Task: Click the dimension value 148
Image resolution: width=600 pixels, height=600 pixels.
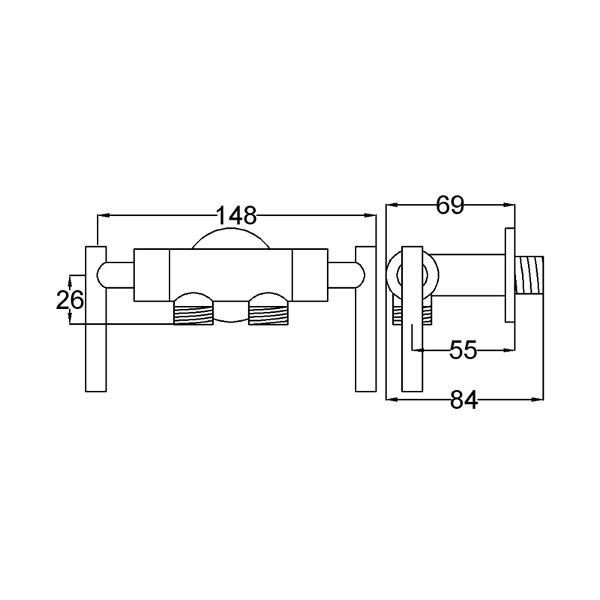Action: pos(236,215)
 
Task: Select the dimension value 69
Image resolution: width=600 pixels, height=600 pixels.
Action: pos(450,205)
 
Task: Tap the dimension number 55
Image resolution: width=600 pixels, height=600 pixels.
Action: pos(463,349)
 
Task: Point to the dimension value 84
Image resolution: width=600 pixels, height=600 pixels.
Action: pos(463,400)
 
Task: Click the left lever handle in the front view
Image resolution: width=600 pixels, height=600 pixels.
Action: pos(96,319)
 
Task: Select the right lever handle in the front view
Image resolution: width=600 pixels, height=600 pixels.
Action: pos(366,319)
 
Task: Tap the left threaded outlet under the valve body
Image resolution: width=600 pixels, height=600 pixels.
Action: pos(193,313)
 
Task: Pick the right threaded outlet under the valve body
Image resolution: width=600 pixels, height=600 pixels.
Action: pos(268,313)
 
